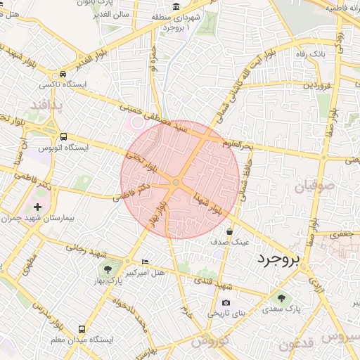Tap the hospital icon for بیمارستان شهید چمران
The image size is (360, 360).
37,207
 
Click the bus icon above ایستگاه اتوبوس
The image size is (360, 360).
64,136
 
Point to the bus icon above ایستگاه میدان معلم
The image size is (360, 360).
83,328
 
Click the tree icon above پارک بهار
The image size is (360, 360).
107,269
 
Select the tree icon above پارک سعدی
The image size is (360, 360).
283,297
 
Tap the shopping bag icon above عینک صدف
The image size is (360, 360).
230,231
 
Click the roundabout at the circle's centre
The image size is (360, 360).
176,183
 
